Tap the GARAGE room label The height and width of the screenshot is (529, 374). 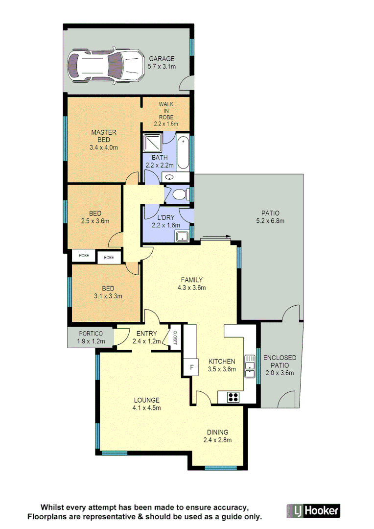pyautogui.click(x=162, y=59)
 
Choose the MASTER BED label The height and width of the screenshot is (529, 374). pyautogui.click(x=104, y=136)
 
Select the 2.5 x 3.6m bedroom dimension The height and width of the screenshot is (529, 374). pyautogui.click(x=95, y=221)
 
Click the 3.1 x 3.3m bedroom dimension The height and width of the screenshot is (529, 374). pyautogui.click(x=108, y=296)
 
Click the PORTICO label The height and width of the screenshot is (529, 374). pyautogui.click(x=91, y=334)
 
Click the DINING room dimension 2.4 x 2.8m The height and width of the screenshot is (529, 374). pyautogui.click(x=217, y=440)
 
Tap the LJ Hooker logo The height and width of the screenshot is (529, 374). pyautogui.click(x=312, y=511)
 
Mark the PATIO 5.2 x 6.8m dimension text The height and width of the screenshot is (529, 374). pyautogui.click(x=270, y=221)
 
